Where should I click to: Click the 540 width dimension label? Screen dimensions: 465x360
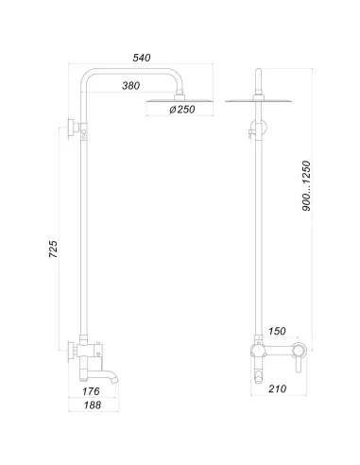(x=142, y=59)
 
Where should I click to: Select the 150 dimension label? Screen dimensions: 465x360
(x=278, y=332)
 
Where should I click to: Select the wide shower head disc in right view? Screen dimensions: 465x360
(x=259, y=100)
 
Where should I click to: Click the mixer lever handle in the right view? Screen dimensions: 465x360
(x=297, y=357)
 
